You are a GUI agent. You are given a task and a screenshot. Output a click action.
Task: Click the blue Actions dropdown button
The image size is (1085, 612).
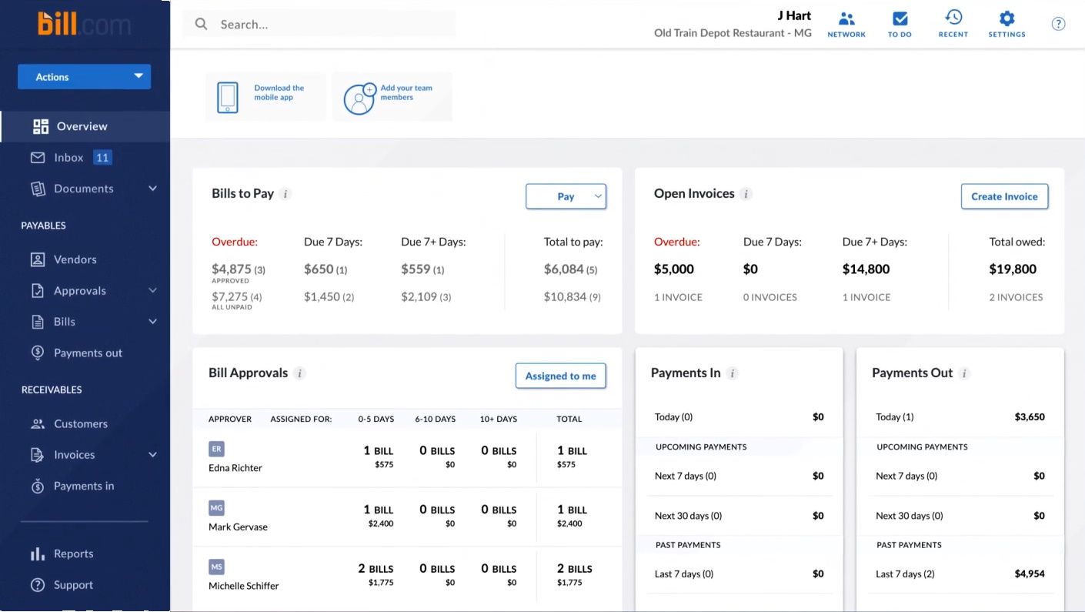click(x=84, y=77)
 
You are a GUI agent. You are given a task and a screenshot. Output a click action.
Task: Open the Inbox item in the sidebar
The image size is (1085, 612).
click(x=68, y=158)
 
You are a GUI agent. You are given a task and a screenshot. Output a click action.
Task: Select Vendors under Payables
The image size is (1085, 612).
click(x=75, y=259)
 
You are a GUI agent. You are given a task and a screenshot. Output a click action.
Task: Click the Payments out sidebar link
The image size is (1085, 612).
click(x=88, y=353)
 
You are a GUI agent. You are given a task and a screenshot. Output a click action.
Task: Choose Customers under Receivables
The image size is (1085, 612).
click(x=80, y=423)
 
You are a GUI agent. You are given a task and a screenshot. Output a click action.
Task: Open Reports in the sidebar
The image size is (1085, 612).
click(x=73, y=553)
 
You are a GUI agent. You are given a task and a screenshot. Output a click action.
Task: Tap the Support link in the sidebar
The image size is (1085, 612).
click(x=73, y=585)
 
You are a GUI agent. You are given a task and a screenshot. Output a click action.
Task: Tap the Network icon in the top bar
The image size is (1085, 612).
click(x=846, y=23)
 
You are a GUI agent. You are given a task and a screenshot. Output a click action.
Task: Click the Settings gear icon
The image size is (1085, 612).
click(x=1007, y=23)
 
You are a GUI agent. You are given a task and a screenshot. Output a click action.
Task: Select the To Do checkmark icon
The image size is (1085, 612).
click(x=900, y=23)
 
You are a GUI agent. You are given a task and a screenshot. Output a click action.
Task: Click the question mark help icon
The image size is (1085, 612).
click(x=1058, y=24)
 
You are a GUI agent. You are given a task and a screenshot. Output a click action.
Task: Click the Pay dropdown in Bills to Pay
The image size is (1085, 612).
click(x=566, y=196)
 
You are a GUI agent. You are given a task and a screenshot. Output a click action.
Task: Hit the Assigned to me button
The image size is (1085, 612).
click(x=560, y=376)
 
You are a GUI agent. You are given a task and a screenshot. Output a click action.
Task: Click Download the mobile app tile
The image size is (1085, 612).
click(x=265, y=97)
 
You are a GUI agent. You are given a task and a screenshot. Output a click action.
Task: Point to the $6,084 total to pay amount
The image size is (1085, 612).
click(x=563, y=269)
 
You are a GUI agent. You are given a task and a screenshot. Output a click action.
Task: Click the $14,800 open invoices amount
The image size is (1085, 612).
click(x=866, y=269)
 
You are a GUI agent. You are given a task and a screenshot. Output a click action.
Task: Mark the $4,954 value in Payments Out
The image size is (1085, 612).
click(x=1030, y=574)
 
